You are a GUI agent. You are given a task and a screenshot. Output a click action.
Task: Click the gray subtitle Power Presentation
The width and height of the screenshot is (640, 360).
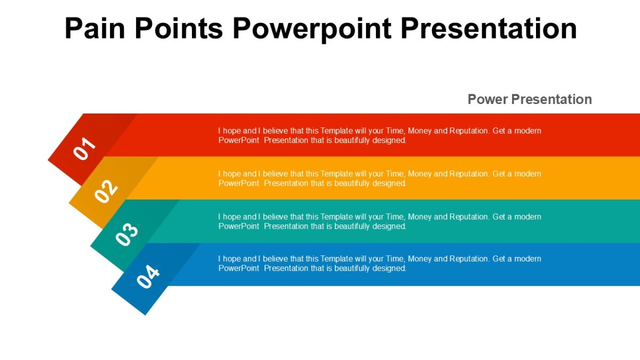point(530,99)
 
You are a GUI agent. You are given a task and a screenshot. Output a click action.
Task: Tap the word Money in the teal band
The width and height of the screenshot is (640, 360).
point(420,217)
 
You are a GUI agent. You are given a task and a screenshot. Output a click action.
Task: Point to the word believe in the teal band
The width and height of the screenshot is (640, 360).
point(275,217)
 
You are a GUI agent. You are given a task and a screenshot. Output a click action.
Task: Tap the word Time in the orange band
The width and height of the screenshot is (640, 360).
point(394,174)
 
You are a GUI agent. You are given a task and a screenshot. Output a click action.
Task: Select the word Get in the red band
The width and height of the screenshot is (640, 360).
point(499,131)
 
